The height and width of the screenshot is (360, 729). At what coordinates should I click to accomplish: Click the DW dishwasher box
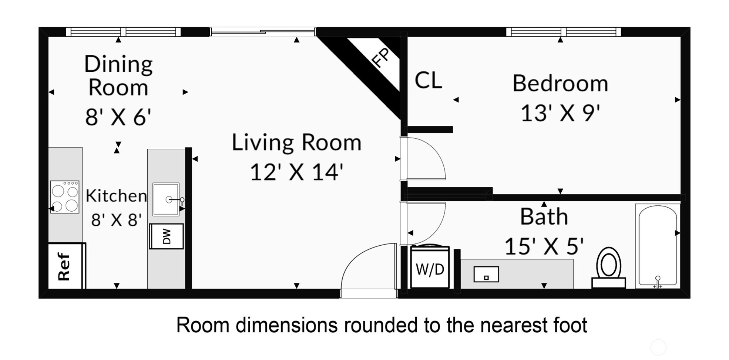pos(167,236)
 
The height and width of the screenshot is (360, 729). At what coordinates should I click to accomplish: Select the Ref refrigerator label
pos(64,266)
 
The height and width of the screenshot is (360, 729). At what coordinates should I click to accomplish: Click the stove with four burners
pos(65,197)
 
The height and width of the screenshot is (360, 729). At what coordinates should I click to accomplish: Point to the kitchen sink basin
pos(166,199)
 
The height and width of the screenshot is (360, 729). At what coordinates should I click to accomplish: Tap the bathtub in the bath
pos(658,246)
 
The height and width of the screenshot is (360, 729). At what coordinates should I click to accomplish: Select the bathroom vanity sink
pos(486,275)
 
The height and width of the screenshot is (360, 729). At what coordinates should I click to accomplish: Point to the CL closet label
pos(428,80)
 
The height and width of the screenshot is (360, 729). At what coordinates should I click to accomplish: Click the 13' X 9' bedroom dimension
pos(560,113)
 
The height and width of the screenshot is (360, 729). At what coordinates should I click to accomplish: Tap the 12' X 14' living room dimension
pos(296,172)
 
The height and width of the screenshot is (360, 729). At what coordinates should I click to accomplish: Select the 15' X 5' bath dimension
pos(544,246)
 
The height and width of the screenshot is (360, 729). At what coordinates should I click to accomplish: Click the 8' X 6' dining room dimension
pos(118,117)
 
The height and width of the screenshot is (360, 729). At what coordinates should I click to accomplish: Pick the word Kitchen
pos(116,196)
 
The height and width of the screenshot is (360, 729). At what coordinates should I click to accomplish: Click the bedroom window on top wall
pos(563,32)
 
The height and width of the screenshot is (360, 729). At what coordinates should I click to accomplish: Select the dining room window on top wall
pos(123,32)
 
